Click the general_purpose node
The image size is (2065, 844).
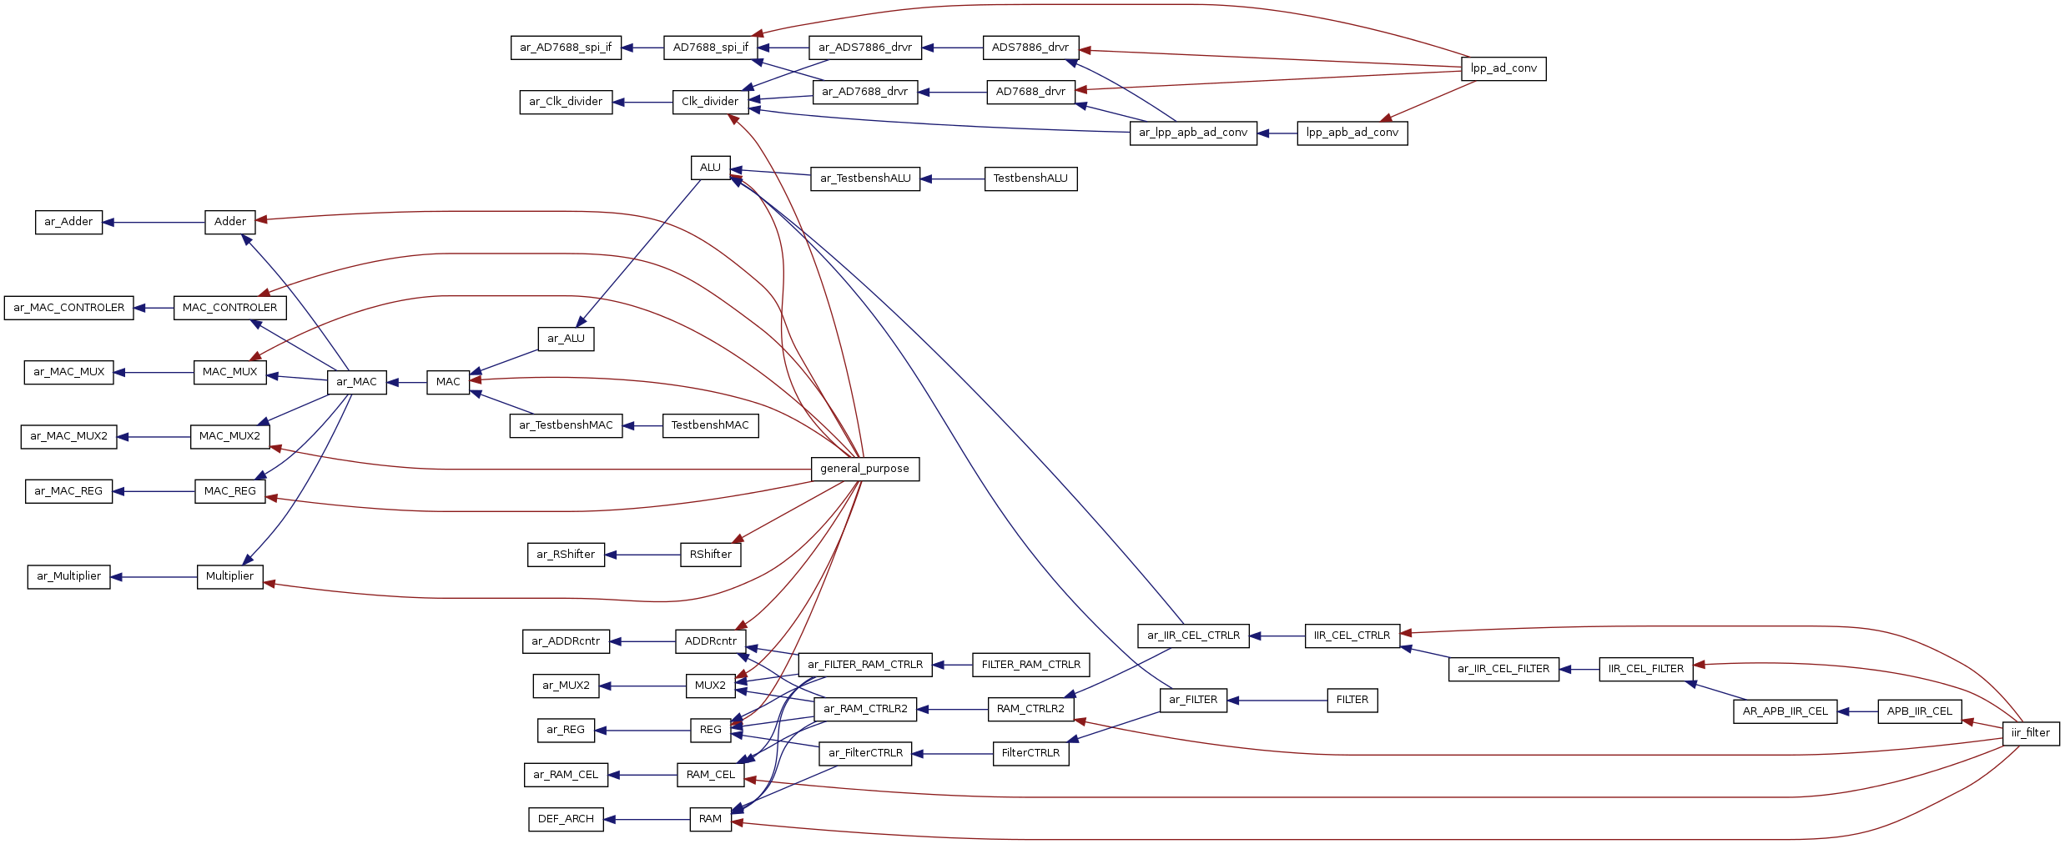tap(864, 469)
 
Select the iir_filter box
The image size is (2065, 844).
tap(2030, 733)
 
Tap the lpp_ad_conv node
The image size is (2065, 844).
tap(1503, 68)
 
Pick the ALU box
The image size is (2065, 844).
tap(710, 168)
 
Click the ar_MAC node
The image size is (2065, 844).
tap(356, 382)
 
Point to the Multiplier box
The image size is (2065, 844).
tap(229, 576)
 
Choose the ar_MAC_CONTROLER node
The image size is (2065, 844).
tap(68, 308)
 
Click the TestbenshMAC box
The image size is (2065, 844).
tap(710, 425)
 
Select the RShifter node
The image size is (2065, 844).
tap(710, 555)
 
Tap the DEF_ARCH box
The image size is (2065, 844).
tap(566, 819)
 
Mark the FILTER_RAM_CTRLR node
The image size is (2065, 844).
tap(1030, 665)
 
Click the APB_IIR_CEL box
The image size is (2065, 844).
tap(1919, 711)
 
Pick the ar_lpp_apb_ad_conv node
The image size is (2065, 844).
tap(1193, 133)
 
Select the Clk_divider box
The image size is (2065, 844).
tap(710, 102)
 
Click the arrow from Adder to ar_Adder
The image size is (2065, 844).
tap(154, 223)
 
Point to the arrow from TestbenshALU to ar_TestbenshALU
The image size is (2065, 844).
tap(952, 178)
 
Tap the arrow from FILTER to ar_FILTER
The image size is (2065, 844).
tap(1277, 701)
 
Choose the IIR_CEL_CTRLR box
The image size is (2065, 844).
tap(1352, 636)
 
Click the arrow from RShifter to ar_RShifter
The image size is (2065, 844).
tap(642, 555)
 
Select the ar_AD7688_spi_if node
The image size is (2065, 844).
tap(566, 48)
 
